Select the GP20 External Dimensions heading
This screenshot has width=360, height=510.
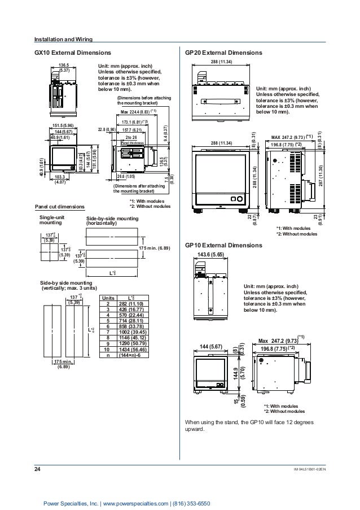coord(223,53)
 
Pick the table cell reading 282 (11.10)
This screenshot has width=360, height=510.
coord(131,303)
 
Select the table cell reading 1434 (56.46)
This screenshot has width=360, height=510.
coord(131,349)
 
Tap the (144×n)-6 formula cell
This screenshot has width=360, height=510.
coord(131,355)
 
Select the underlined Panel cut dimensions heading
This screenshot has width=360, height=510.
coord(59,206)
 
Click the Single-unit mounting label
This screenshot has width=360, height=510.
coord(52,220)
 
